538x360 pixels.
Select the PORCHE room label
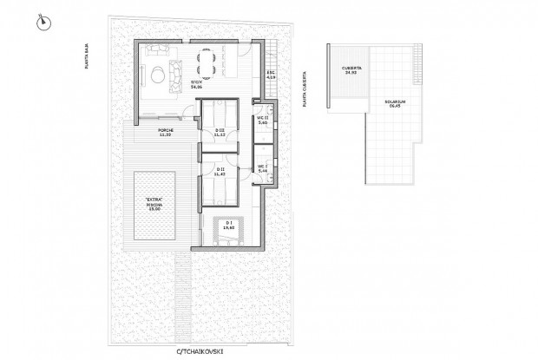point(166,134)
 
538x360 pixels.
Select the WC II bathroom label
point(262,124)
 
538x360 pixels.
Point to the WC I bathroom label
point(262,167)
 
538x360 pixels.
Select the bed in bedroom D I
point(227,234)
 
